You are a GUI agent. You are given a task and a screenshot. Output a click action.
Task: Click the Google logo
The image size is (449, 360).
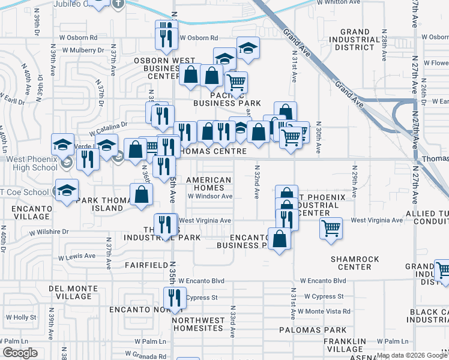pyautogui.click(x=20, y=353)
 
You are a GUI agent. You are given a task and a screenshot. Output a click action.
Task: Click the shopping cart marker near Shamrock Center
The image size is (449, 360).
pyautogui.click(x=331, y=230)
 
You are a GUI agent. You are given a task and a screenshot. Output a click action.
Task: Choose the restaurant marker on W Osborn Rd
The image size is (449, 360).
pyautogui.click(x=166, y=38)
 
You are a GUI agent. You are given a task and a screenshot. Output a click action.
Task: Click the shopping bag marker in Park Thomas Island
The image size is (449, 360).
pyautogui.click(x=141, y=195)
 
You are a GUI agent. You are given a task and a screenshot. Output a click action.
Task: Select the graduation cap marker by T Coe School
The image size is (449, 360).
pyautogui.click(x=67, y=190)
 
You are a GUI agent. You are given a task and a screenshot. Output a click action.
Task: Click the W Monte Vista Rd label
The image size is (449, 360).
pyautogui.click(x=327, y=311)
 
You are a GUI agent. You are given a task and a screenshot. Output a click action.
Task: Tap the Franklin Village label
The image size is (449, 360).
pyautogui.click(x=345, y=345)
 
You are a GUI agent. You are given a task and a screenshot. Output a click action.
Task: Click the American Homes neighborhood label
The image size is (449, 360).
pyautogui.click(x=209, y=184)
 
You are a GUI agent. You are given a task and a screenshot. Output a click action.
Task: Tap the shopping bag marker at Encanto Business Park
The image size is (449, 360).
pyautogui.click(x=280, y=239)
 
